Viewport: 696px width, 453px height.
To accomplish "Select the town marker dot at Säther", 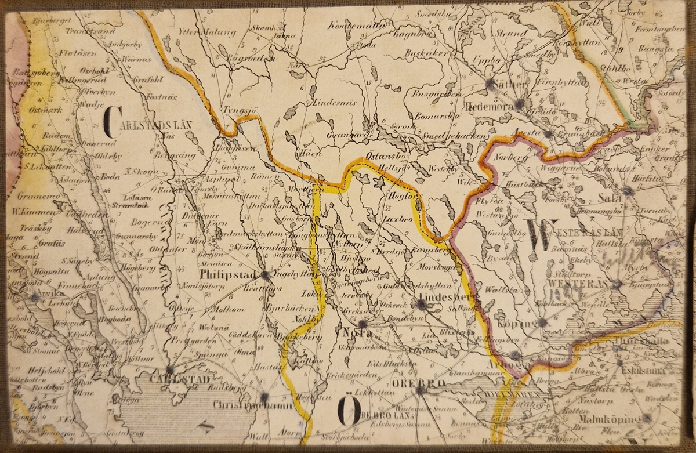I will (491, 83).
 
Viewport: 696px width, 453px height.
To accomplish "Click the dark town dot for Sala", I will (628, 190).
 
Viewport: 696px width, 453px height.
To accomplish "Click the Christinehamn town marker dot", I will (264, 397).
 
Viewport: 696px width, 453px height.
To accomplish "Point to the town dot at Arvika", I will (35, 297).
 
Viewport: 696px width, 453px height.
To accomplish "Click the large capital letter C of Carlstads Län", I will (111, 123).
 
